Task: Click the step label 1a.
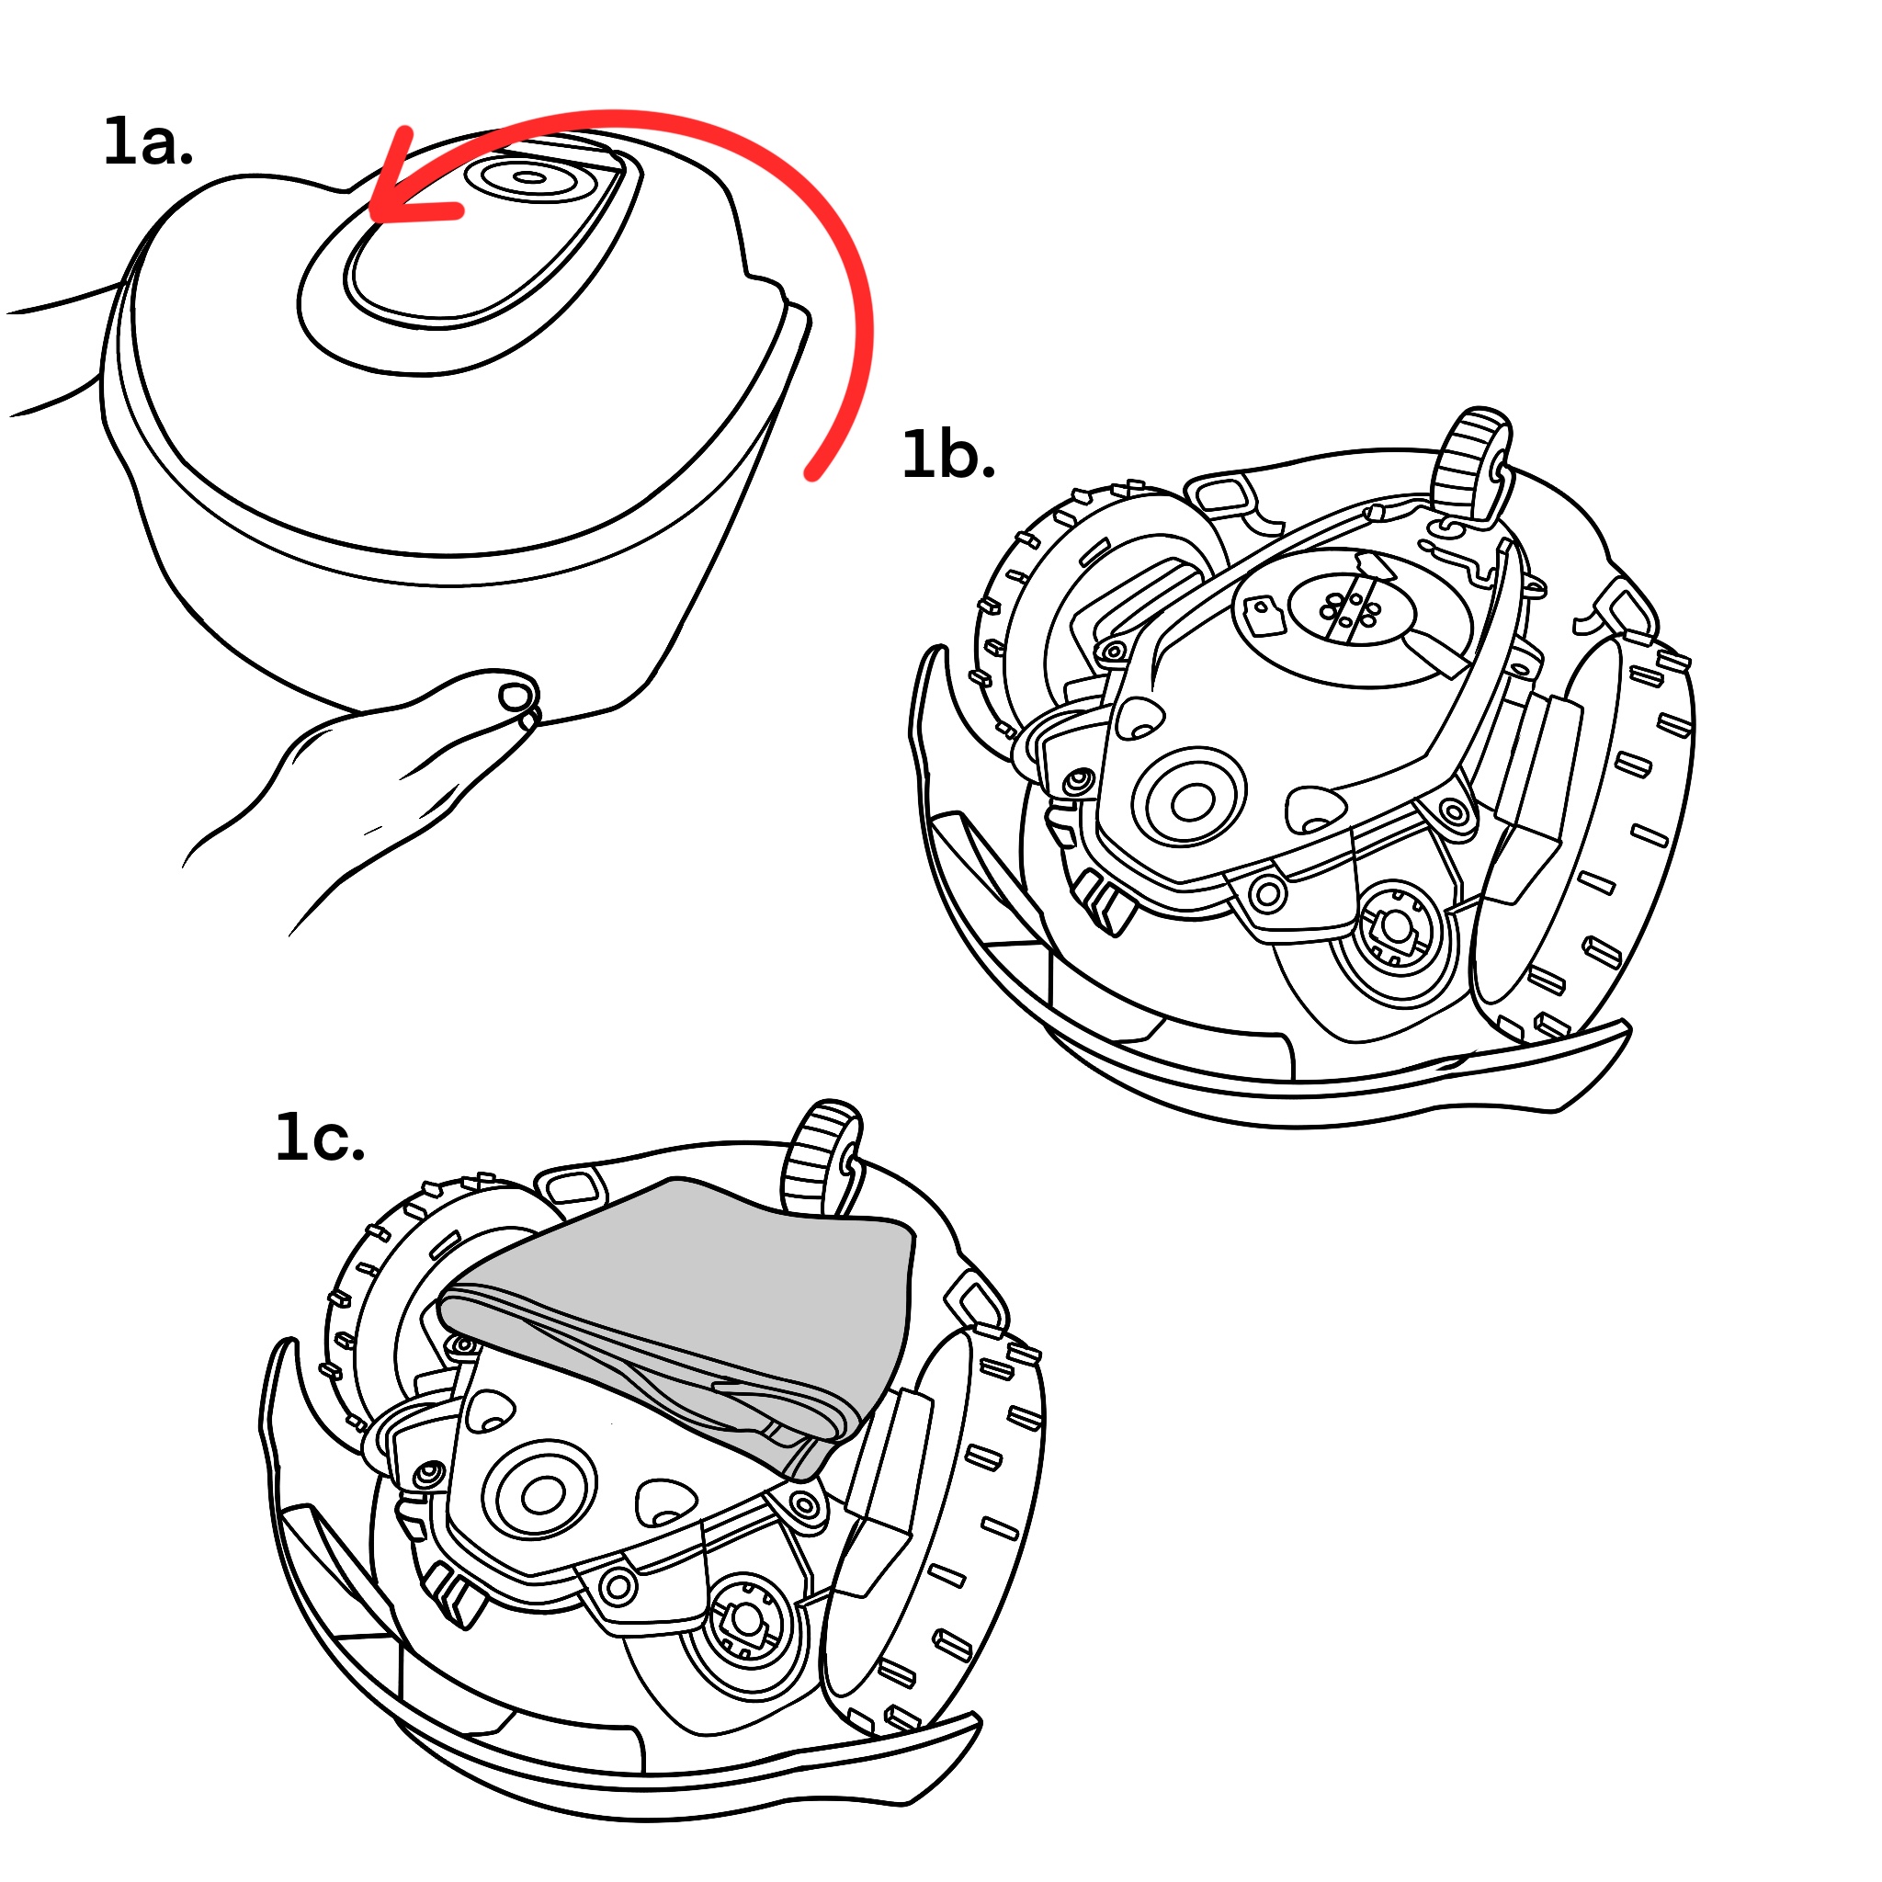coord(148,143)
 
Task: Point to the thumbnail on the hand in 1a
coord(516,697)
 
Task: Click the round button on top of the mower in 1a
coord(529,177)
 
